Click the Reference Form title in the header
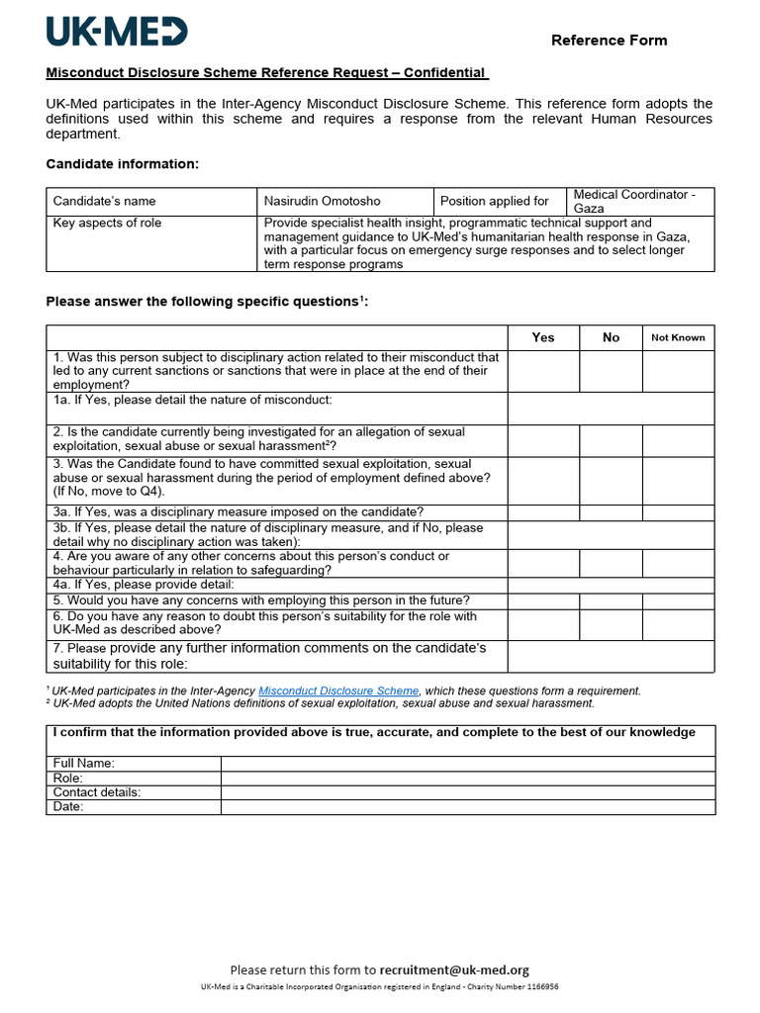[x=609, y=41]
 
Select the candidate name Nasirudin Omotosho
[x=322, y=201]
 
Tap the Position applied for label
[x=494, y=201]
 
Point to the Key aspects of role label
[x=107, y=224]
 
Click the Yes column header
[x=543, y=337]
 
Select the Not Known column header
[x=678, y=337]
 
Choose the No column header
[x=611, y=337]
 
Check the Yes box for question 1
[x=543, y=371]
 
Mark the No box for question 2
[x=611, y=440]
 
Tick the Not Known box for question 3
[x=678, y=480]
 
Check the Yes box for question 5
[x=543, y=600]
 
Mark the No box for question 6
[x=611, y=624]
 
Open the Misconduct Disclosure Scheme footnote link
[x=338, y=691]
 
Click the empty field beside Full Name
[x=467, y=764]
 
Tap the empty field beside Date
[x=467, y=807]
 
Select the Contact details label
[x=97, y=792]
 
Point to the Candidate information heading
[x=123, y=163]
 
